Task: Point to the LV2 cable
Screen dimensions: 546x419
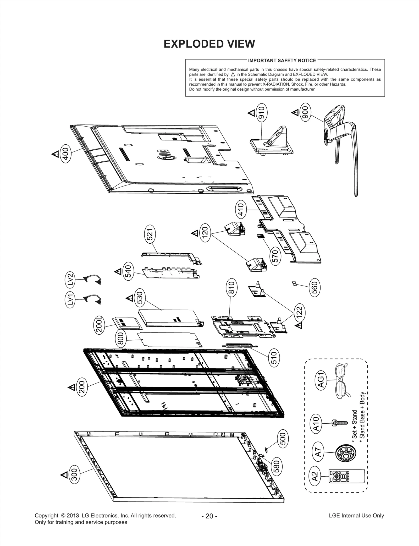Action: (92, 280)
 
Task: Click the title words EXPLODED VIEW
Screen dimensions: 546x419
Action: (209, 44)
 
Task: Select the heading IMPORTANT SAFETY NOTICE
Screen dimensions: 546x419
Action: (282, 61)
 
